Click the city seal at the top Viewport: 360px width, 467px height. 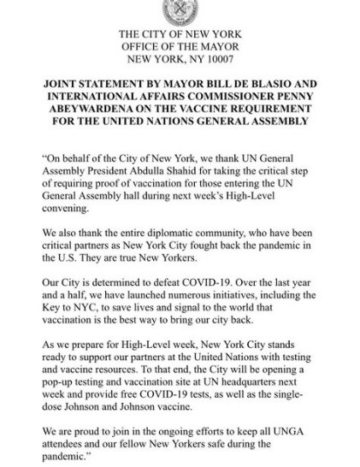tap(180, 9)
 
